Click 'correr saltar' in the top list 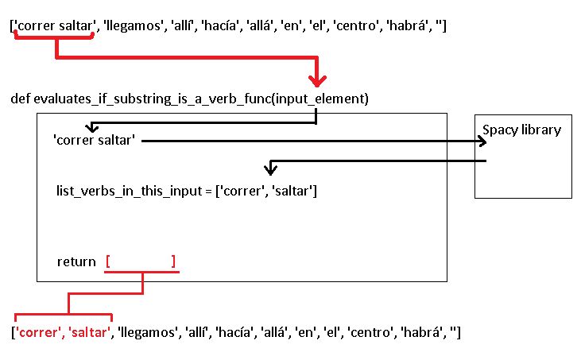tap(53, 27)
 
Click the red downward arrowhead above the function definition tap(318, 80)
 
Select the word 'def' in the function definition tap(20, 99)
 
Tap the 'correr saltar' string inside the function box tap(94, 141)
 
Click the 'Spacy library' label tap(522, 130)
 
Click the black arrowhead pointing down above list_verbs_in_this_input tap(271, 169)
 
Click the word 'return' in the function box tap(76, 261)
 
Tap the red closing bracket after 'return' tap(172, 261)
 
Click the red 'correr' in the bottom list tap(37, 331)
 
